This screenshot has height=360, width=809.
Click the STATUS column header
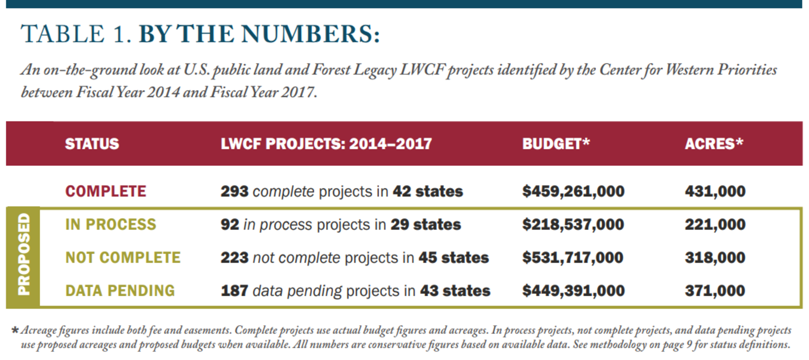[x=92, y=144]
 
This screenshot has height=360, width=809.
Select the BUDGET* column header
[x=556, y=144]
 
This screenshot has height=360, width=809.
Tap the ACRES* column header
[x=714, y=144]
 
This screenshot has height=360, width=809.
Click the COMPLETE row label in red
[x=106, y=191]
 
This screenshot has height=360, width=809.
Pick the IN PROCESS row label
[x=111, y=224]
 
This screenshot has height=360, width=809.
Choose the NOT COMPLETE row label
[x=123, y=258]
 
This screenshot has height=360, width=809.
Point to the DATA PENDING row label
[x=120, y=291]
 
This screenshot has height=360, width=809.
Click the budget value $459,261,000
[x=573, y=191]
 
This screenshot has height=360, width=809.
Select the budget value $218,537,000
[x=573, y=224]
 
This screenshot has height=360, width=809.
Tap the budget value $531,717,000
[x=573, y=258]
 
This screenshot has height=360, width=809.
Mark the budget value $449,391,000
[x=573, y=291]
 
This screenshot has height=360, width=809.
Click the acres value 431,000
[x=715, y=191]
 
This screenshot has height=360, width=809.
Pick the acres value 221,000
[x=715, y=224]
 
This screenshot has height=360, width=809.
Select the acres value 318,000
[x=715, y=258]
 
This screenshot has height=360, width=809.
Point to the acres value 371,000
[x=715, y=291]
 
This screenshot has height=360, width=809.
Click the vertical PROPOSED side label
[x=23, y=254]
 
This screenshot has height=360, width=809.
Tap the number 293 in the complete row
[x=234, y=191]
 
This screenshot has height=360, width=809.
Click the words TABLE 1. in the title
[x=76, y=35]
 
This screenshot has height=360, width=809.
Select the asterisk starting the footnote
[x=15, y=331]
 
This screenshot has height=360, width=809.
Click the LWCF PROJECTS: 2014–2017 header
[x=326, y=144]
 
